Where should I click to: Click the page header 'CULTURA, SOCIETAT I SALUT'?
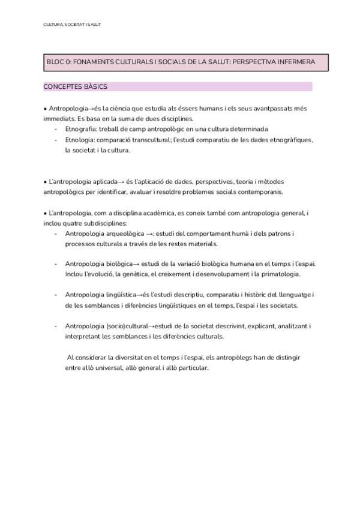[x=72, y=25]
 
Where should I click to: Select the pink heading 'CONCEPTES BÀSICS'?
[x=76, y=87]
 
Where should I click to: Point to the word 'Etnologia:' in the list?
[x=80, y=140]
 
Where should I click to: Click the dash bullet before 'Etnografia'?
[x=56, y=129]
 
